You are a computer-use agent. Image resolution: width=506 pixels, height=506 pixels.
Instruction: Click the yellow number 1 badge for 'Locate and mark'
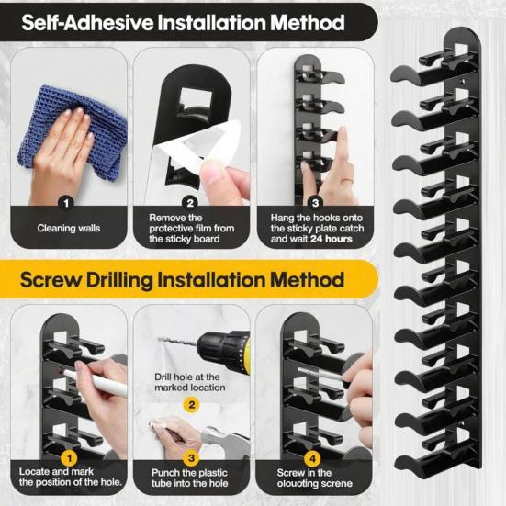coord(67,456)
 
